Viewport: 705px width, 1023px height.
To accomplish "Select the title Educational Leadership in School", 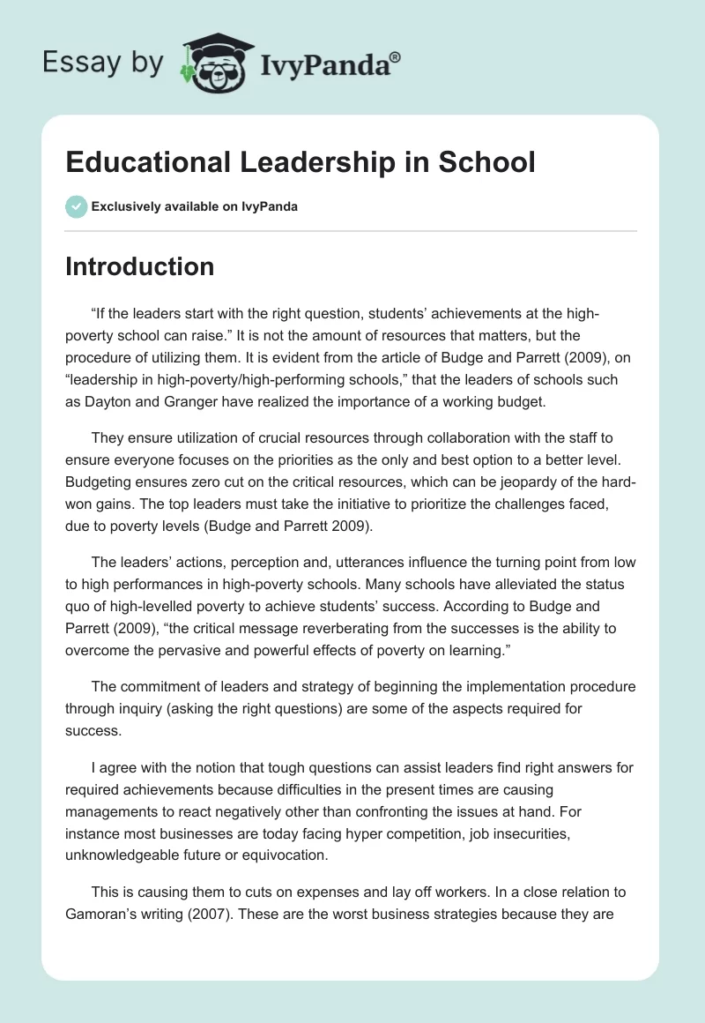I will point(300,162).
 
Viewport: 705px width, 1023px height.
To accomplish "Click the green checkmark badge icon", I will point(76,206).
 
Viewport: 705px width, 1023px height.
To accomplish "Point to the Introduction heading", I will point(139,266).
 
